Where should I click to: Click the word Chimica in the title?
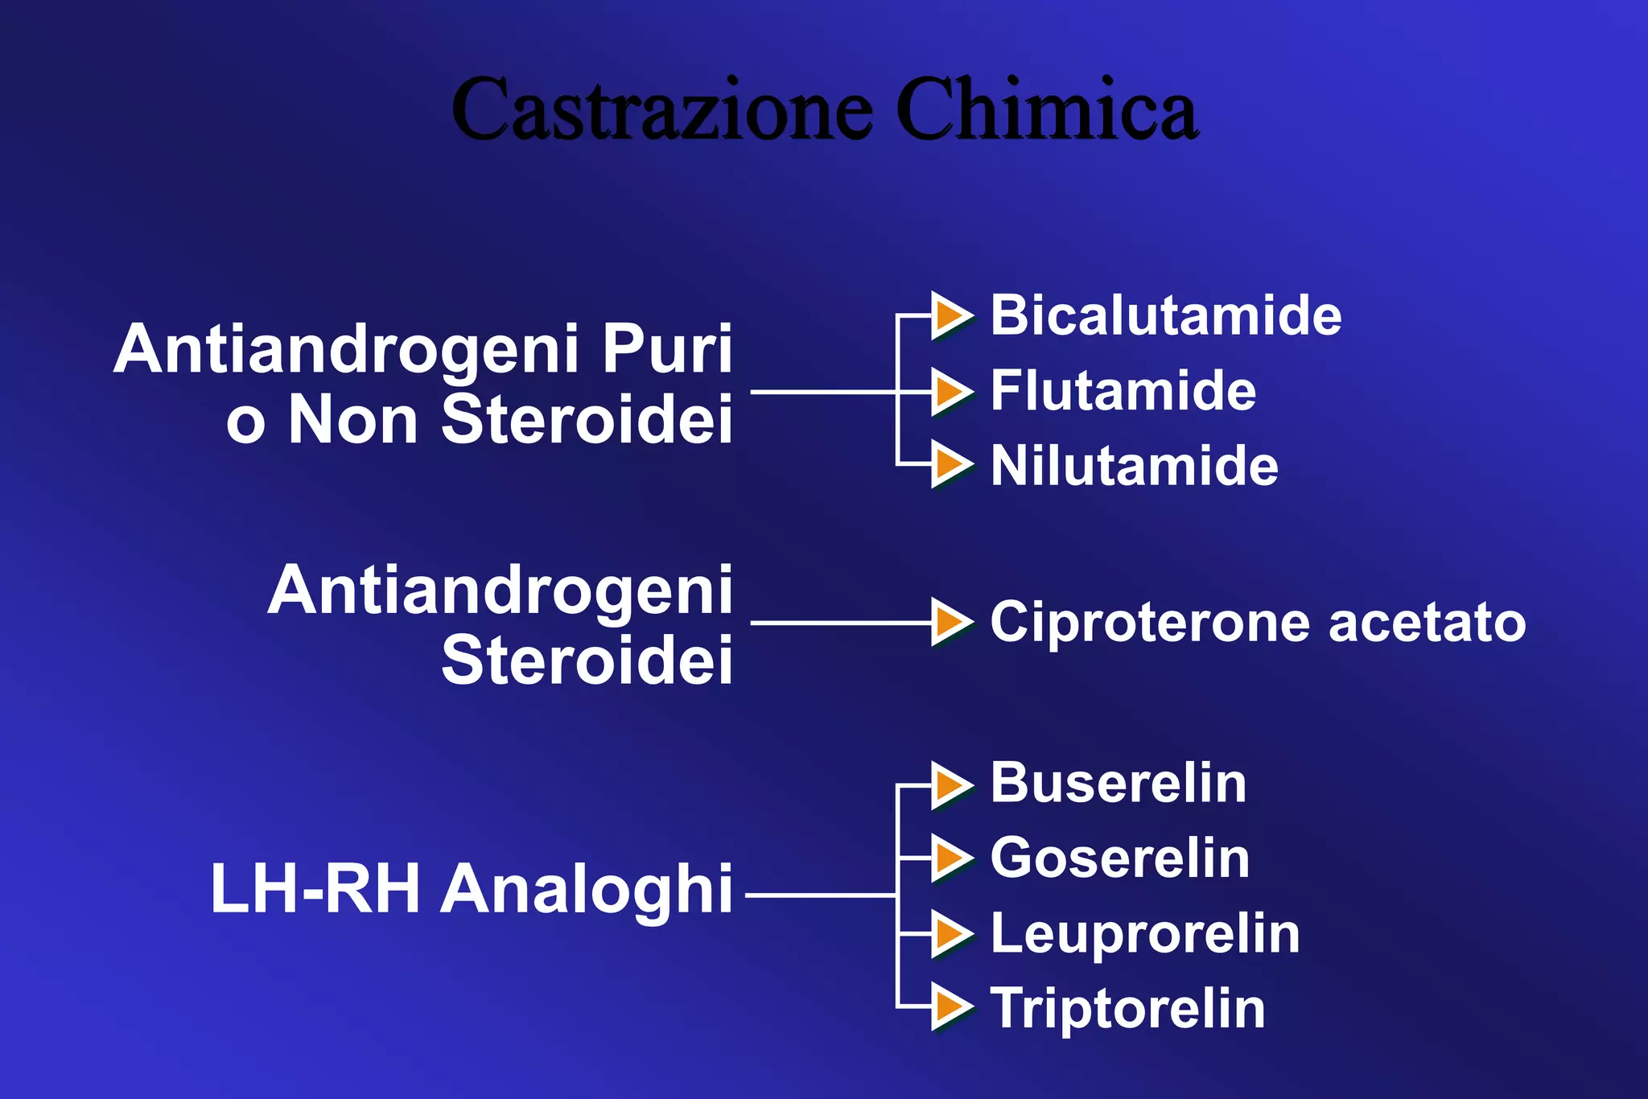(1046, 109)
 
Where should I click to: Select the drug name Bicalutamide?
(1165, 315)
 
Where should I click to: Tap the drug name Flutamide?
(1123, 391)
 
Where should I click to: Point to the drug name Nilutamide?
(1134, 466)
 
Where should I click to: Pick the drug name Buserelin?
(1118, 783)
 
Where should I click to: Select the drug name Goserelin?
(1119, 858)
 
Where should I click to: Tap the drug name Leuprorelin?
(1144, 934)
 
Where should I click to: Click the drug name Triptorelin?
(1127, 1009)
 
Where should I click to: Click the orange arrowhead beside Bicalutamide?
(951, 315)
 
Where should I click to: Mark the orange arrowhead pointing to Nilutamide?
(951, 465)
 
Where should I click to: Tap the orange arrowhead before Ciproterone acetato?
(951, 622)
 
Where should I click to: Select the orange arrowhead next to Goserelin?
(951, 858)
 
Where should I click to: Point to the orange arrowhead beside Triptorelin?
(951, 1008)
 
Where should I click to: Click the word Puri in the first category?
(667, 349)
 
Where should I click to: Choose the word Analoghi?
(587, 889)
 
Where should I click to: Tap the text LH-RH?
(315, 889)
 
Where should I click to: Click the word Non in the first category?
(353, 420)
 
